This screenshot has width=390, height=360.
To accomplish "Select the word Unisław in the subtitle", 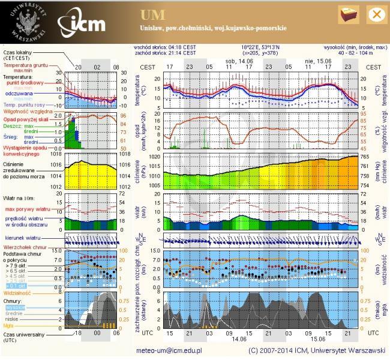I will (152, 28).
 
